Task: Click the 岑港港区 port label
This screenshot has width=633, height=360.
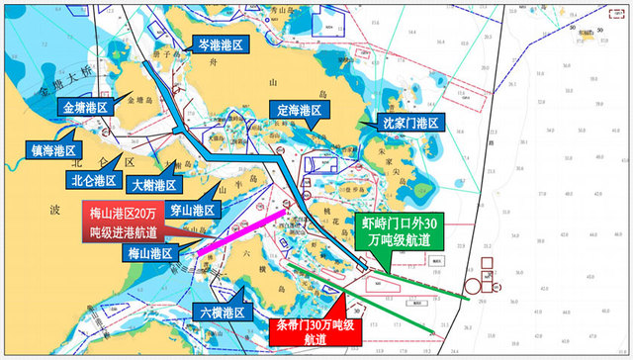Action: pyautogui.click(x=219, y=43)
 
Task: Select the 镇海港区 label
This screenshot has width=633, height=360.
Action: pyautogui.click(x=52, y=150)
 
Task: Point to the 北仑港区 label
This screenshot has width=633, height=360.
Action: pyautogui.click(x=96, y=181)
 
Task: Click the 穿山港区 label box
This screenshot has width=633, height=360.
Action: pyautogui.click(x=189, y=211)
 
